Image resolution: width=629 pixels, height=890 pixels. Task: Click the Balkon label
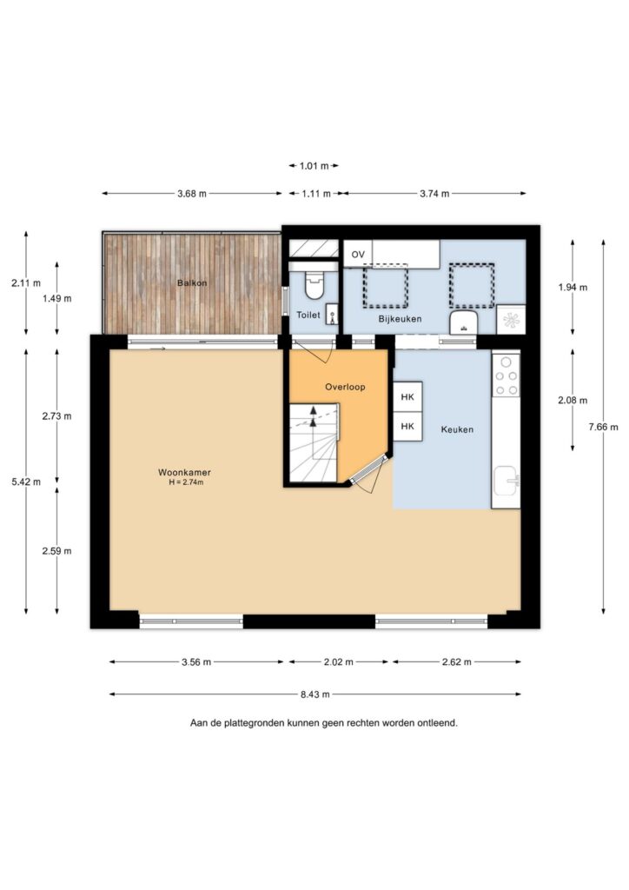pyautogui.click(x=192, y=282)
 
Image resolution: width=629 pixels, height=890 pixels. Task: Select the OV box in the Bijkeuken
pyautogui.click(x=358, y=255)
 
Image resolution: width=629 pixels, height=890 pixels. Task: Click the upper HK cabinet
pyautogui.click(x=407, y=396)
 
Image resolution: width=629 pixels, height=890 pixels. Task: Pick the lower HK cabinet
pyautogui.click(x=407, y=426)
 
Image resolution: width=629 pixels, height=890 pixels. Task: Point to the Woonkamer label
pyautogui.click(x=184, y=472)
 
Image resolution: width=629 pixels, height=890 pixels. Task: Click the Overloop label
pyautogui.click(x=345, y=387)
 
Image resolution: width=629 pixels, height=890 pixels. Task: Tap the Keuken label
pyautogui.click(x=457, y=429)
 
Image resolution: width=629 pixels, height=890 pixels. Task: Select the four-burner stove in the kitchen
pyautogui.click(x=506, y=375)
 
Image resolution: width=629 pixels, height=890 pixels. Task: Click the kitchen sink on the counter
pyautogui.click(x=506, y=481)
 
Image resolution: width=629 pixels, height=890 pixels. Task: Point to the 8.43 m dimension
pyautogui.click(x=314, y=694)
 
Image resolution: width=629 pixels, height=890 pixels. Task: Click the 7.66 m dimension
pyautogui.click(x=603, y=427)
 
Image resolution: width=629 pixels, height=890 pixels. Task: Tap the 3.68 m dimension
pyautogui.click(x=192, y=194)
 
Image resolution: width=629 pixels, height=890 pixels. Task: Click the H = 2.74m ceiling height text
pyautogui.click(x=184, y=482)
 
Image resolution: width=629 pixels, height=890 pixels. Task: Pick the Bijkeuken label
pyautogui.click(x=400, y=319)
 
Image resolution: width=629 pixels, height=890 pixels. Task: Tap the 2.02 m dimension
pyautogui.click(x=339, y=661)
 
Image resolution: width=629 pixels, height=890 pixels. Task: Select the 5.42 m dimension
pyautogui.click(x=26, y=482)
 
